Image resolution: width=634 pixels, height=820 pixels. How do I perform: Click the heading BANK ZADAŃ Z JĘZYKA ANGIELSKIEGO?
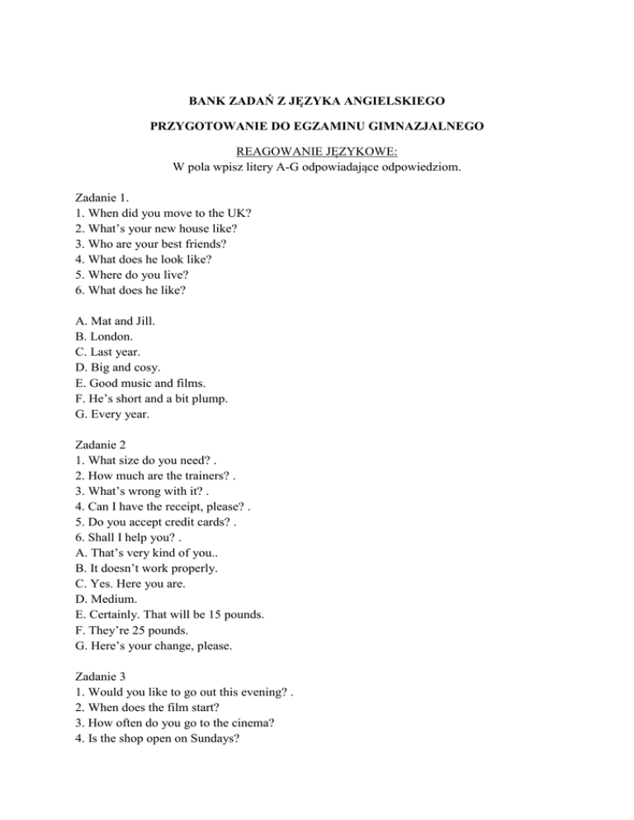pyautogui.click(x=317, y=101)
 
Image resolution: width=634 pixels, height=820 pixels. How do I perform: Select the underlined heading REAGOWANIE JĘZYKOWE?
pyautogui.click(x=317, y=152)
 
